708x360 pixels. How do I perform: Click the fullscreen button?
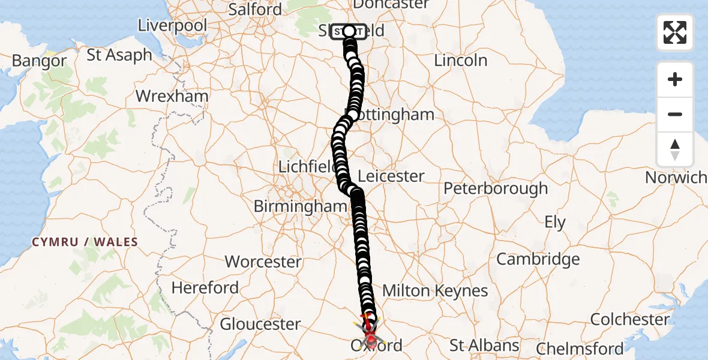tap(675, 32)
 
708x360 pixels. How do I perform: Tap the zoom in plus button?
tap(675, 79)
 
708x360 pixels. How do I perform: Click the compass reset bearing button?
tap(675, 149)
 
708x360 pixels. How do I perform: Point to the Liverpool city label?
tap(172, 25)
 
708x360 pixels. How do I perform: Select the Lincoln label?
tap(461, 60)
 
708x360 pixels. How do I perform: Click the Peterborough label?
tap(496, 188)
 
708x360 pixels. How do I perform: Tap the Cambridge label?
tap(538, 259)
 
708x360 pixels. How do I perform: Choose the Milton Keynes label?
tap(435, 291)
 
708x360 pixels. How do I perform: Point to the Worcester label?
tap(263, 262)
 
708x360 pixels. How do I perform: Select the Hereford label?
tap(205, 287)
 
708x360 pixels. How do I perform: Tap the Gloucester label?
tap(260, 324)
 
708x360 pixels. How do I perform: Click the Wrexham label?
tap(172, 96)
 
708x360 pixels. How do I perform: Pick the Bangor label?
tap(39, 61)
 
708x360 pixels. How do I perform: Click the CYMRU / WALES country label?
tap(85, 242)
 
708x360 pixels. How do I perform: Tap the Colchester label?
tap(630, 319)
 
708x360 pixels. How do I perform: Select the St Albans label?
tap(485, 346)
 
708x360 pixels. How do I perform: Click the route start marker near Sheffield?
tap(349, 31)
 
